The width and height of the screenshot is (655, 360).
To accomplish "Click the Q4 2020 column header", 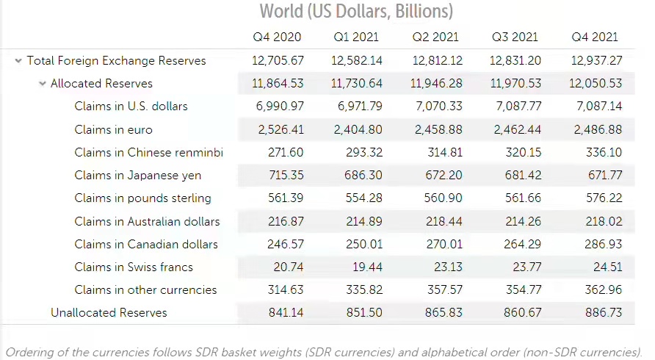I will pos(278,37).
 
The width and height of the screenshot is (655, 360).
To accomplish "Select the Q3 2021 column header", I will pos(515,37).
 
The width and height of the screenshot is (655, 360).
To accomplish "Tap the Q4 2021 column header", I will pos(595,37).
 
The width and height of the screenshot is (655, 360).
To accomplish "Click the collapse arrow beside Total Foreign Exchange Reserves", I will pos(18,61).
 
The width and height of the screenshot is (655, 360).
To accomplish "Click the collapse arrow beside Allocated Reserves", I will pos(42,84).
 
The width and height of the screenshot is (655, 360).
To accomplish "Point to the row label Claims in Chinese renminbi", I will pos(148,153).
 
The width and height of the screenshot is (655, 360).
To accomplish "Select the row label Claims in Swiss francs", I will pos(134,267).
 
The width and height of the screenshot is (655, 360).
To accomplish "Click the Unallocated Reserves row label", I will pos(109,312).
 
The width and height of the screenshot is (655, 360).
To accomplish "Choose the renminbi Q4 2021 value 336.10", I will pos(603,153).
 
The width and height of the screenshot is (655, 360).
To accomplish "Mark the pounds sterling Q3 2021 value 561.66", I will pos(523,198).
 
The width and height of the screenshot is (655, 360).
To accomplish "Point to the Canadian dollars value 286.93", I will pos(603,244).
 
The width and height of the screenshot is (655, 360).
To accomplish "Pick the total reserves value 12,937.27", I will pos(596,61).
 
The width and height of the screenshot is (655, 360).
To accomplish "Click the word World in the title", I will pos(281,11).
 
